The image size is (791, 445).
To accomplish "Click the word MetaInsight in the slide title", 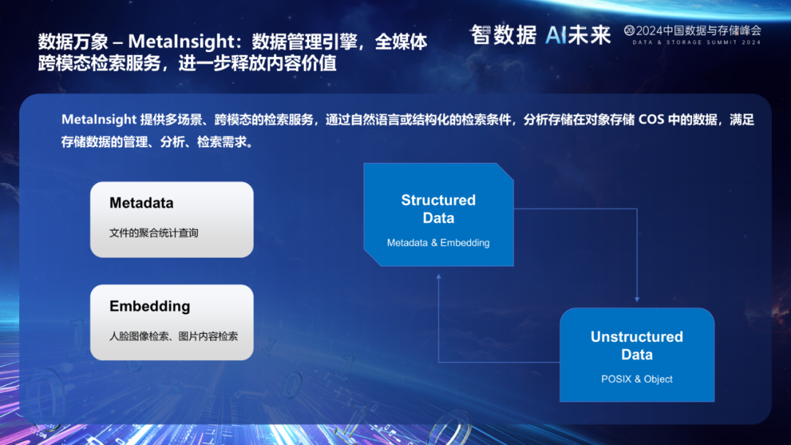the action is point(181,41).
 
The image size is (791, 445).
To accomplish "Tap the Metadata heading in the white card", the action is point(141,203).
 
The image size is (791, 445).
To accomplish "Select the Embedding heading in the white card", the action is point(150,306).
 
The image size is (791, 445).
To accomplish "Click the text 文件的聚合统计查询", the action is point(154,233).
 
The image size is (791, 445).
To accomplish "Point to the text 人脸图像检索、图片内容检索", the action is point(174,336).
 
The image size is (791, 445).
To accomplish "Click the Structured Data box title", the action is point(439,209).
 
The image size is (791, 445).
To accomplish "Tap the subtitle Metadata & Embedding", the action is point(439,243).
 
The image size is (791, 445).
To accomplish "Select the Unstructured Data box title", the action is point(636,345).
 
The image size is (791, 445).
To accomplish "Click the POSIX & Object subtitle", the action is point(636,379).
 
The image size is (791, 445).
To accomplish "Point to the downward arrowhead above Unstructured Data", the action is point(636,299).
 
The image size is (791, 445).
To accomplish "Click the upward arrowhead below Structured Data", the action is point(439,277).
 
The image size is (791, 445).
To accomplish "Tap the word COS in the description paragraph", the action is point(651,120).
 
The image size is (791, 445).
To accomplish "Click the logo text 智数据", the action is point(503,35).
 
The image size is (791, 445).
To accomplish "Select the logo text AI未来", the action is point(578,35).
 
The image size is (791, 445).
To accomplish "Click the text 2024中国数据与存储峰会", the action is point(699,30).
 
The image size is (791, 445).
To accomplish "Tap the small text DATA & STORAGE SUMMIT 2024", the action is point(697,42).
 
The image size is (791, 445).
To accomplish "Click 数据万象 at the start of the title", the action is point(73,41).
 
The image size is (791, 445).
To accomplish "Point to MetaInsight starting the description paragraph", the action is point(99,120).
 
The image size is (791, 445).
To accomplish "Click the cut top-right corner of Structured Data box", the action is point(505,171).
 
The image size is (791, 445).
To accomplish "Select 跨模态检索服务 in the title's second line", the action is point(100,64).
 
